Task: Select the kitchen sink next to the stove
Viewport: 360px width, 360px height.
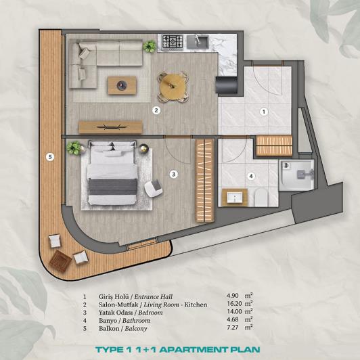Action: [200, 43]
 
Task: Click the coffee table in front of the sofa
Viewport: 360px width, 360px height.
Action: [122, 85]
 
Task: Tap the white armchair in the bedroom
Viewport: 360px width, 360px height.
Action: [155, 185]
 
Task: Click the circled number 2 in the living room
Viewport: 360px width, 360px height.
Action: [156, 110]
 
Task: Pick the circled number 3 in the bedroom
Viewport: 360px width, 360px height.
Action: [173, 174]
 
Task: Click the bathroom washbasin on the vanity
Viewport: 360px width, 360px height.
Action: [234, 198]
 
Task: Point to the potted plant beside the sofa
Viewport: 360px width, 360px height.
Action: [148, 46]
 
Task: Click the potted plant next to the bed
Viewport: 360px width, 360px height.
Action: [72, 148]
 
